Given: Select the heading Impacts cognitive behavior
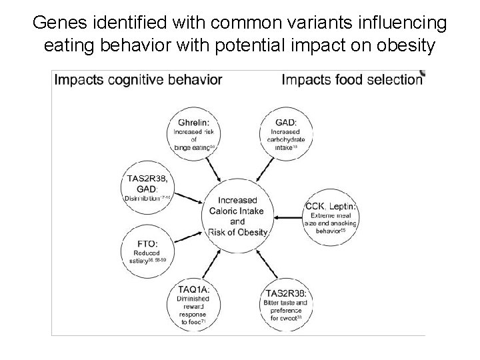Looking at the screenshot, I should (138, 80).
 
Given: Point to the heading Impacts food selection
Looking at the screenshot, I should (352, 80).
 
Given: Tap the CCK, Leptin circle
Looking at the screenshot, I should (331, 217).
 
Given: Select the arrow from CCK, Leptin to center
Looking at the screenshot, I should (289, 217).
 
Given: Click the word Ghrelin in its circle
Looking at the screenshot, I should (193, 122).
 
